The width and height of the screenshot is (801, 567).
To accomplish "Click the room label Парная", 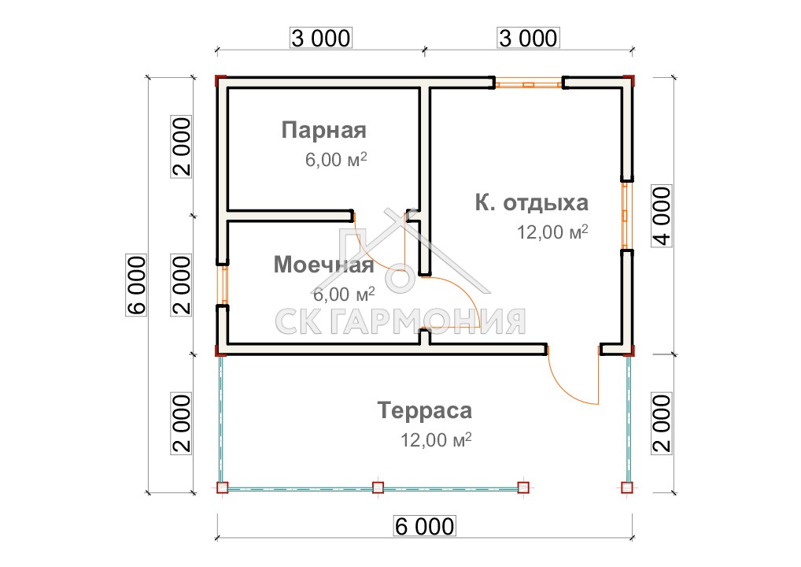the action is point(324,131).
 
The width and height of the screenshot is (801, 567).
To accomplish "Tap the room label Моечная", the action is point(323,265).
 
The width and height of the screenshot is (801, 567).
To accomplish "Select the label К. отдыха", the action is point(532,203).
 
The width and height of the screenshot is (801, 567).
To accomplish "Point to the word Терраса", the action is point(425,410).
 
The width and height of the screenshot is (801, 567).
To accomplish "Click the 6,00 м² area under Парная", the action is point(336,160).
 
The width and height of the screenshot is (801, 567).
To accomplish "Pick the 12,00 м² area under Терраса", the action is point(436,439).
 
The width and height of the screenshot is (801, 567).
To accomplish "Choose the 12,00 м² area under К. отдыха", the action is point(552,232).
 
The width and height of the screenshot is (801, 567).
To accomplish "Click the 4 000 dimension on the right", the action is point(662,216).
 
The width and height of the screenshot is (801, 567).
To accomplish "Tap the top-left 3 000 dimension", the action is point(321,39).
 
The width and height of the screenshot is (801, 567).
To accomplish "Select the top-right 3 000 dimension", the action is point(528,39).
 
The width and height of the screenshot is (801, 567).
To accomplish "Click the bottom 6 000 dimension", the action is point(425,526).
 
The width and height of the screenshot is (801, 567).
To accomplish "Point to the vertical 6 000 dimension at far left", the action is point(136,285).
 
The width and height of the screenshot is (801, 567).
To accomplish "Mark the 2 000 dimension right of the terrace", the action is point(662,423).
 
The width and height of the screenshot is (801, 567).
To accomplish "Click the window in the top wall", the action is point(529,83).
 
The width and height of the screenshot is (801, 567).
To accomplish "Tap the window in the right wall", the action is point(627,215).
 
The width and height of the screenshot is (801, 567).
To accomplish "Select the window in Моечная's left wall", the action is point(222,285).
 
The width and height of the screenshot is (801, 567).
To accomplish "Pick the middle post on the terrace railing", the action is point(378,487).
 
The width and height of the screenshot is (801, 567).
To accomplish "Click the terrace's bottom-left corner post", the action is point(222,487).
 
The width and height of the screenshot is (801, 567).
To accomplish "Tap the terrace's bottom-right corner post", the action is point(627,487).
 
